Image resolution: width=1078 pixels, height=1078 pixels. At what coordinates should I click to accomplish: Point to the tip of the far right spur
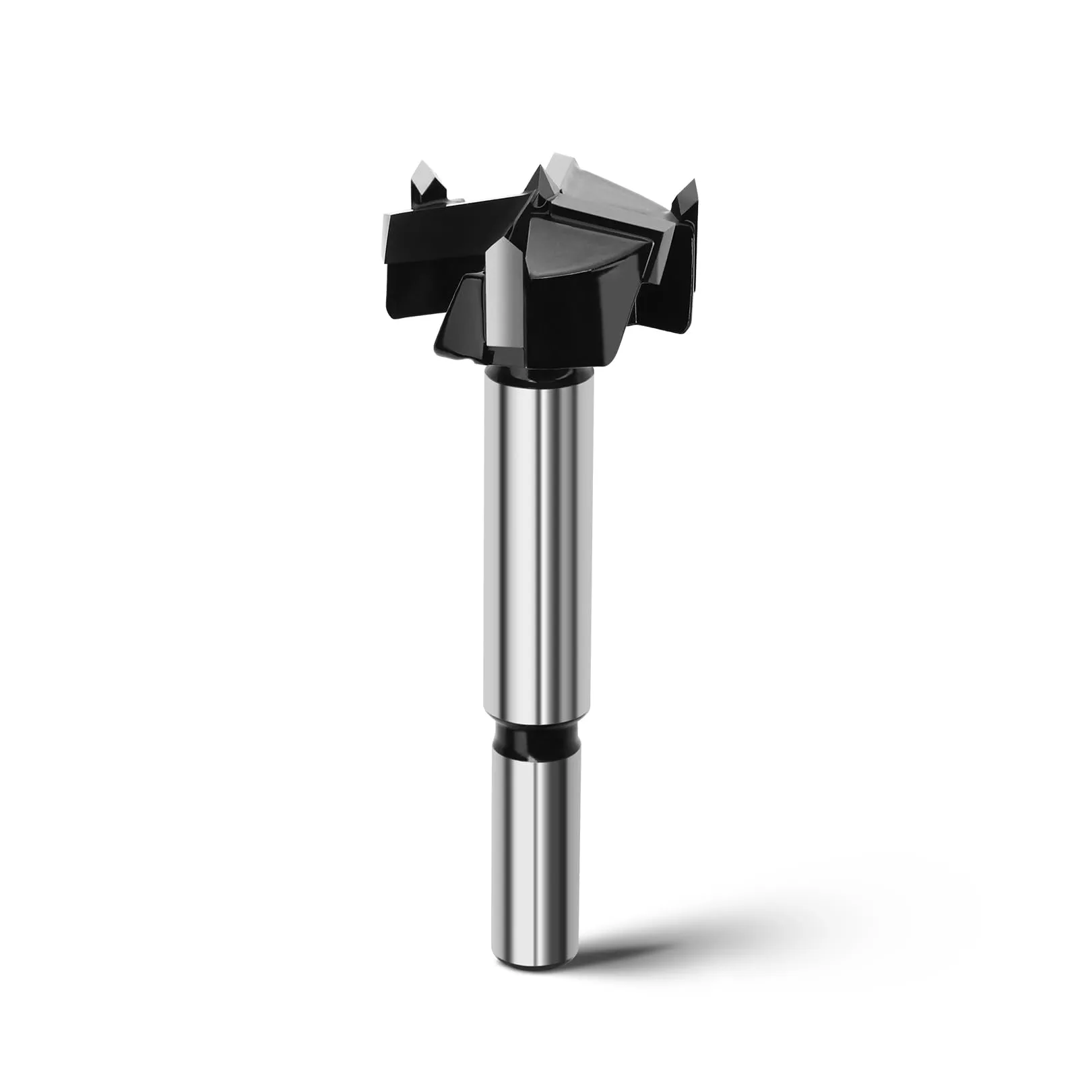tap(692, 182)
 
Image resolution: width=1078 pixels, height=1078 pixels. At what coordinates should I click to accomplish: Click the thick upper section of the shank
tap(539, 539)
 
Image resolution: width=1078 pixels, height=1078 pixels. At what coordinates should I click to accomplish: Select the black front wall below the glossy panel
tap(573, 317)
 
